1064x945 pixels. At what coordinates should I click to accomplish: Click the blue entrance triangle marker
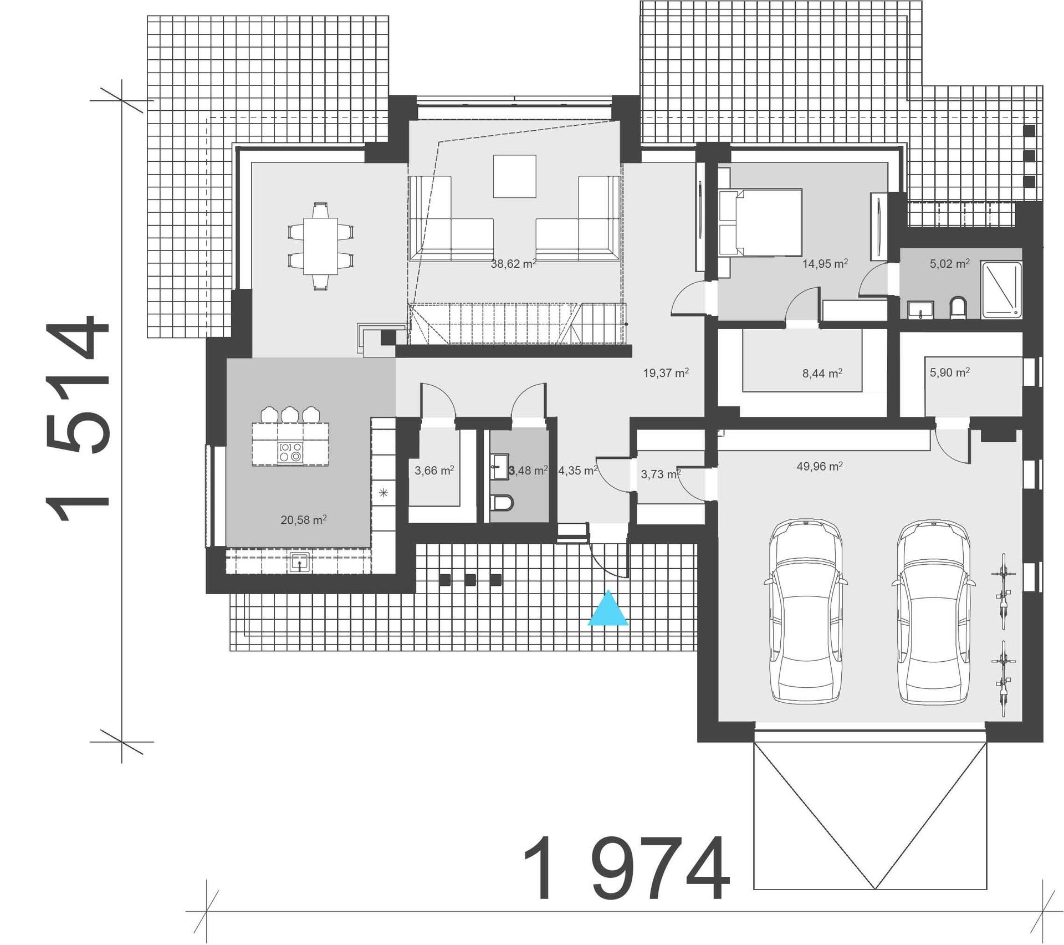[608, 609]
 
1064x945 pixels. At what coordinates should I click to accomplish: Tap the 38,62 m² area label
[513, 264]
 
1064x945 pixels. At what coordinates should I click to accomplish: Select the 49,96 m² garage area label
[820, 466]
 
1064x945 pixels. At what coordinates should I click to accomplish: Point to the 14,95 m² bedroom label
[825, 264]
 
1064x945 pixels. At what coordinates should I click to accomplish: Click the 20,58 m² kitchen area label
[303, 520]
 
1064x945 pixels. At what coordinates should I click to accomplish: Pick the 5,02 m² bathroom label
[949, 264]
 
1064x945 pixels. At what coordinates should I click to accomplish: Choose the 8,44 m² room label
[822, 373]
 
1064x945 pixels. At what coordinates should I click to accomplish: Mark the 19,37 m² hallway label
[666, 373]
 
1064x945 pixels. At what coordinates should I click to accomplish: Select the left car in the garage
[806, 612]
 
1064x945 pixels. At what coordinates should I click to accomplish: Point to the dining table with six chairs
[320, 246]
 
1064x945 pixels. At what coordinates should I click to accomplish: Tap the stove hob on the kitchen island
[290, 452]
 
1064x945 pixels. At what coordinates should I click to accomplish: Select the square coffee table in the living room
[515, 176]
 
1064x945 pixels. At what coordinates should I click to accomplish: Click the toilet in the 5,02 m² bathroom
[958, 308]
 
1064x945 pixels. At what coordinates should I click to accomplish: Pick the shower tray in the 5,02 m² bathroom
[1001, 290]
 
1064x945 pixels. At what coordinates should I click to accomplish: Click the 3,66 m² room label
[434, 471]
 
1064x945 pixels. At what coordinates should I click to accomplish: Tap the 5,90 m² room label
[949, 372]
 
